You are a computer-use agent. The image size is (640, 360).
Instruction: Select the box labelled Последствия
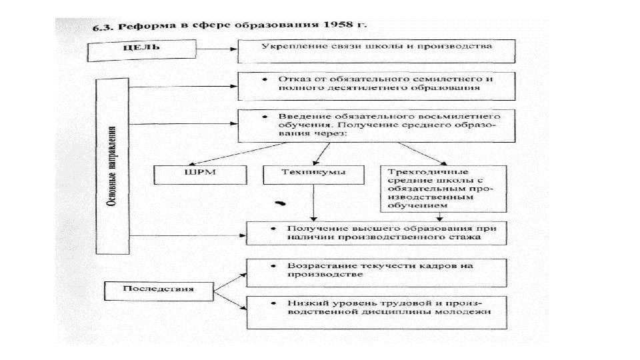click(x=159, y=289)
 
